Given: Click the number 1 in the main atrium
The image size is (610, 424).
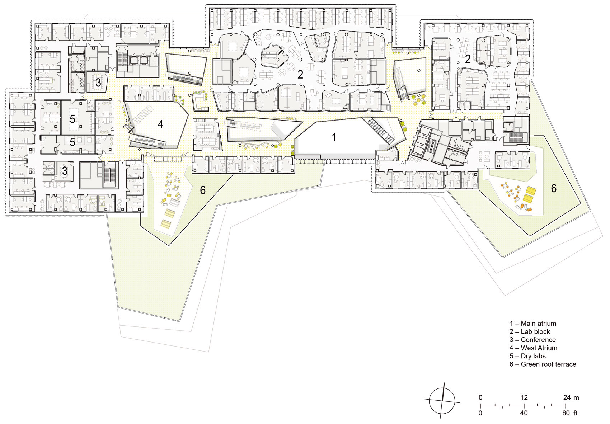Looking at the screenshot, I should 334,137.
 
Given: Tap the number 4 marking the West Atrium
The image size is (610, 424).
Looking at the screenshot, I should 160,124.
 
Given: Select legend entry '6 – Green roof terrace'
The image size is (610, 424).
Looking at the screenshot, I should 543,364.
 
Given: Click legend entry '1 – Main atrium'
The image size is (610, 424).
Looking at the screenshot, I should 532,323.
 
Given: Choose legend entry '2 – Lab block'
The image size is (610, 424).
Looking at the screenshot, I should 530,331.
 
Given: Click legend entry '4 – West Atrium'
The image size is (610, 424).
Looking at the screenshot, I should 533,348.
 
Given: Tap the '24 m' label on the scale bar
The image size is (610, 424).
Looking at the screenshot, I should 571,397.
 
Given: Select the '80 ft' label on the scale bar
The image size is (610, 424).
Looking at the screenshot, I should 569,413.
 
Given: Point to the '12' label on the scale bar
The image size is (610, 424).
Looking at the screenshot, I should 524,397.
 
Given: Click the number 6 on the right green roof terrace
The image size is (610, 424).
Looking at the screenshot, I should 554,188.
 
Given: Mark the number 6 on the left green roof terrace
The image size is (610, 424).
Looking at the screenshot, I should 203,190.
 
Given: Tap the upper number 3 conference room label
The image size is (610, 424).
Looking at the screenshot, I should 98,83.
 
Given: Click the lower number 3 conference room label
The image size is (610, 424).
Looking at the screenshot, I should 65,171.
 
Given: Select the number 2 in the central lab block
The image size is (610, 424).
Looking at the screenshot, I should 300,75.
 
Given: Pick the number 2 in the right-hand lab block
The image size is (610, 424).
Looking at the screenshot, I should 468,59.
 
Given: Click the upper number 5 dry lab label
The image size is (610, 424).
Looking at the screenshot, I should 72,119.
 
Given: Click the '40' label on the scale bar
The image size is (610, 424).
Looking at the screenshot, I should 524,413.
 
